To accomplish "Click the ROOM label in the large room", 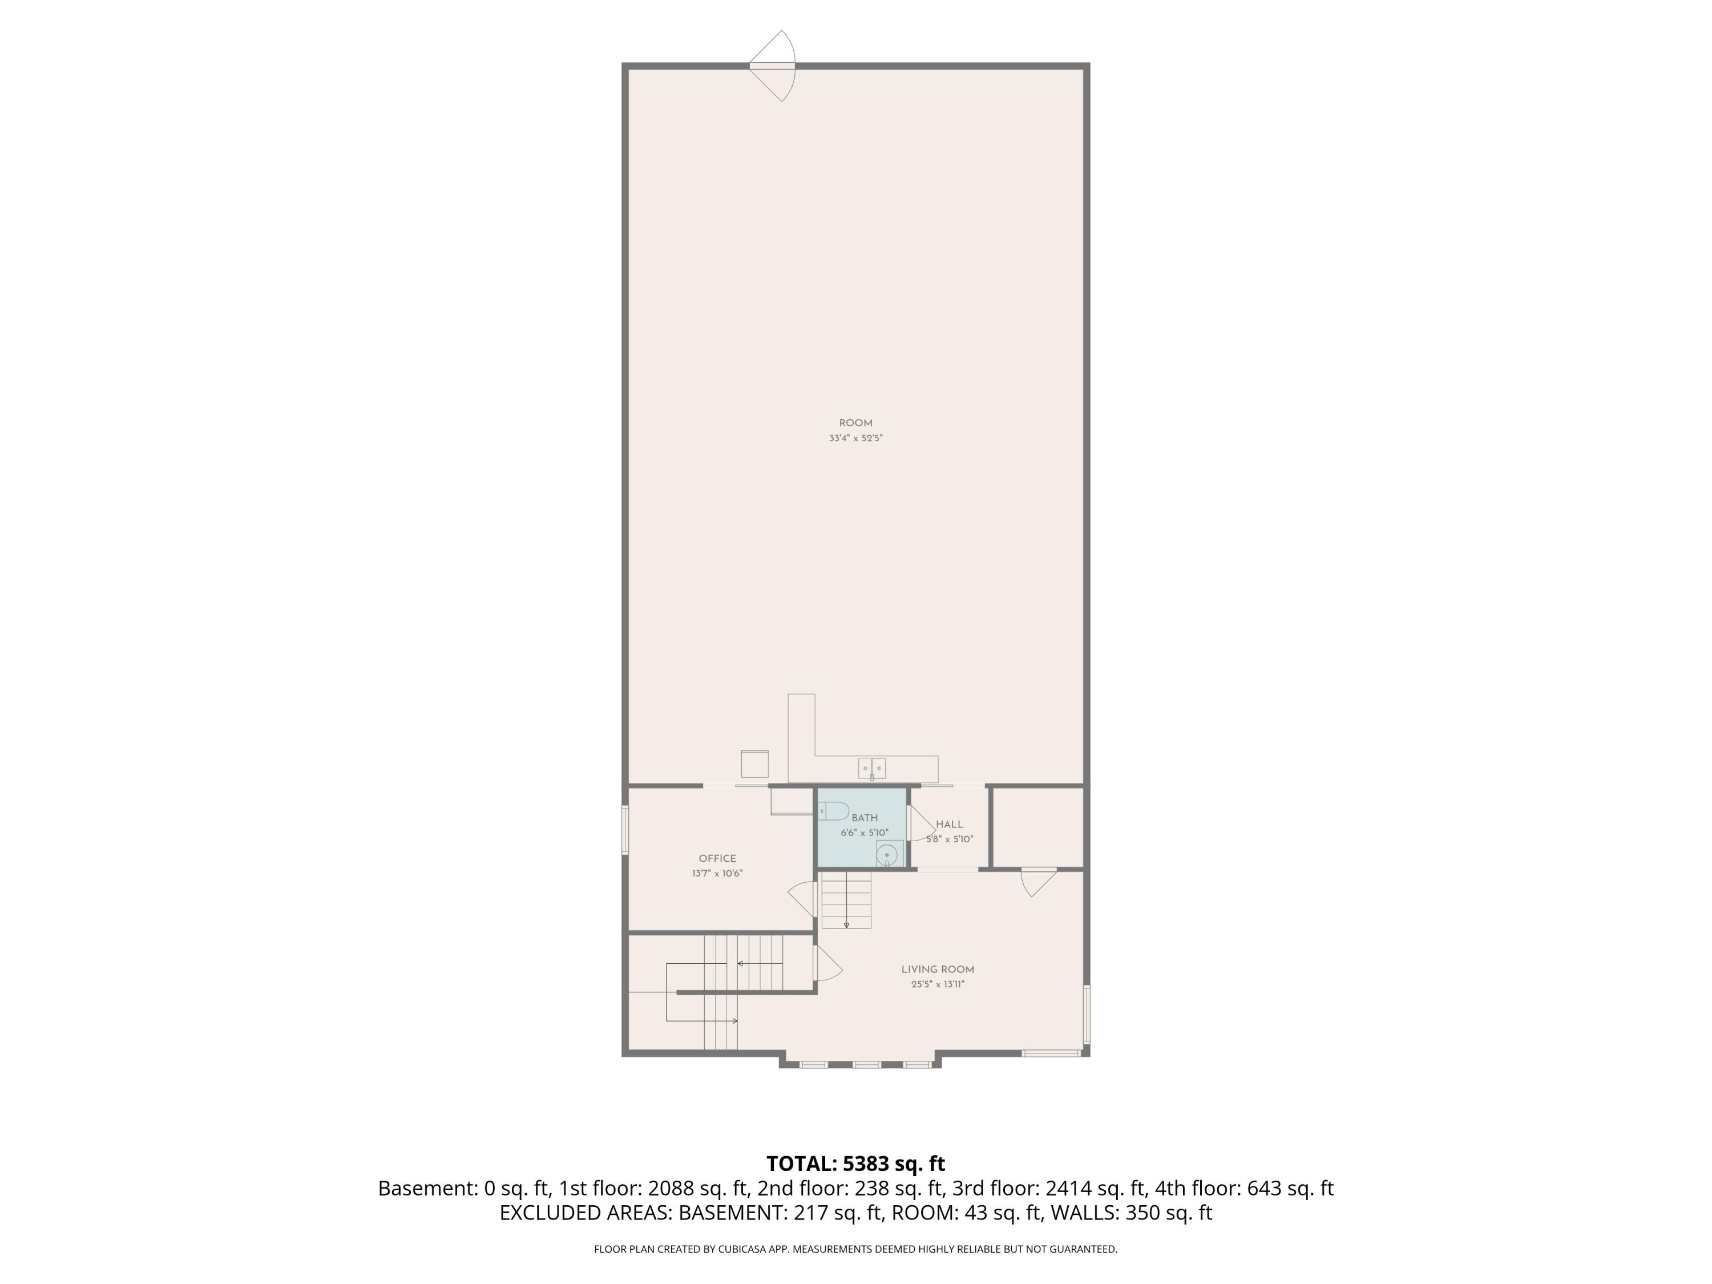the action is coord(855,423).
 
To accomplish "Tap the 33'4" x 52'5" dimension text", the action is coord(855,438).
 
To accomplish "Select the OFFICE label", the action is coord(717,858).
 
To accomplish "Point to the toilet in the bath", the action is coord(834,811).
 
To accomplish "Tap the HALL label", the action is coord(950,824).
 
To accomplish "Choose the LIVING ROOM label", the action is coord(937,969).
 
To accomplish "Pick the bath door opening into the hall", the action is coord(921,823).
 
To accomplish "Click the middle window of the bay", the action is coord(866,1065).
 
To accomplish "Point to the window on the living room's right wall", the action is coord(1087,1014).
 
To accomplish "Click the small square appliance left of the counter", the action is coord(754,764).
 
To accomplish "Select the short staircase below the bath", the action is coord(846,900).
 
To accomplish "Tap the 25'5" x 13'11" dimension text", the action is coord(937,984).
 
